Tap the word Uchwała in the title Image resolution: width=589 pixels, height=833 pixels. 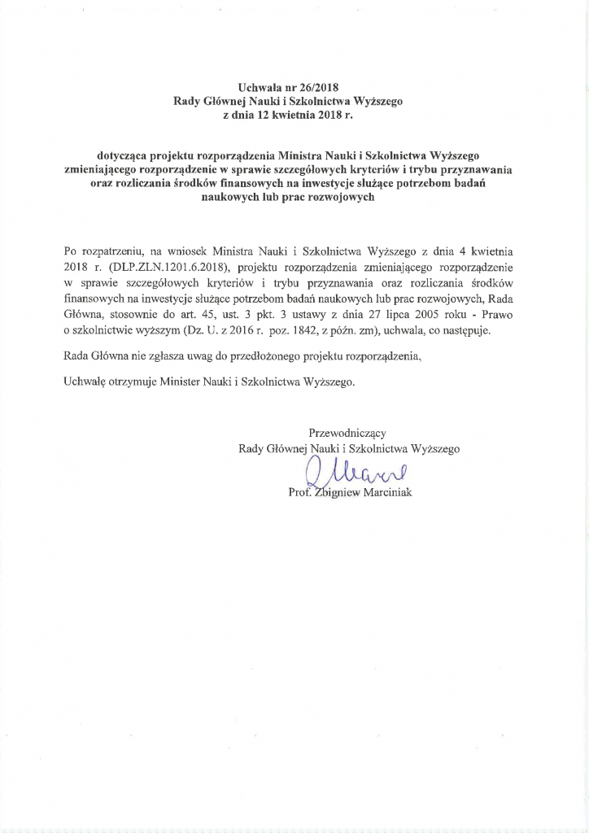(x=260, y=87)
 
